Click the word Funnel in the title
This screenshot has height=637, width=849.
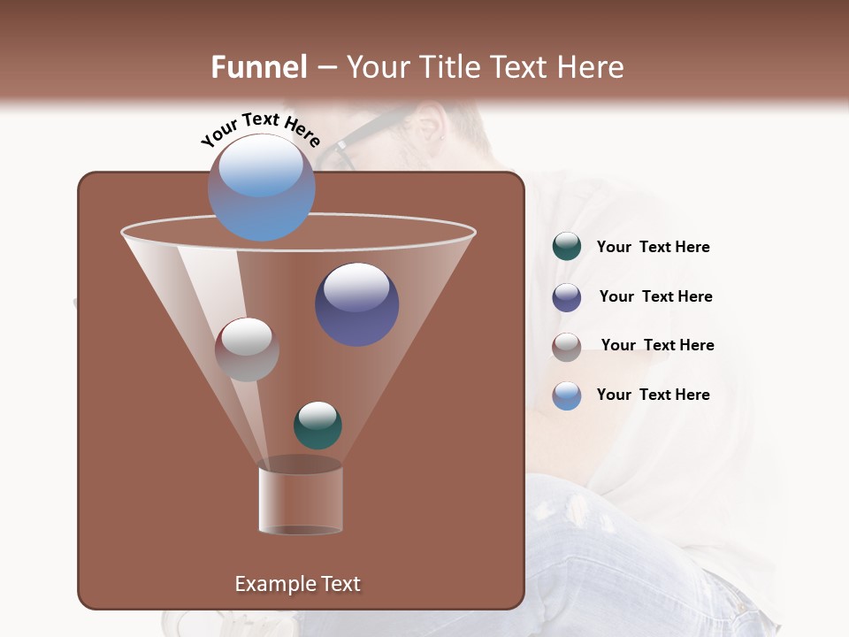pyautogui.click(x=259, y=67)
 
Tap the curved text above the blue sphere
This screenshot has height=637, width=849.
pyautogui.click(x=260, y=129)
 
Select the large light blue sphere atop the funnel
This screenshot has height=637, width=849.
pyautogui.click(x=261, y=187)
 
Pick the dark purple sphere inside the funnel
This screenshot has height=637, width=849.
pyautogui.click(x=356, y=303)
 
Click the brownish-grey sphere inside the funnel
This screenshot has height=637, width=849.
pyautogui.click(x=247, y=349)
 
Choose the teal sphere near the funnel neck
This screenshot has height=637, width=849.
pyautogui.click(x=317, y=425)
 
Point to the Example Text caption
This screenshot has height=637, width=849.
pyautogui.click(x=297, y=584)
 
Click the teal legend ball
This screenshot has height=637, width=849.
pyautogui.click(x=567, y=247)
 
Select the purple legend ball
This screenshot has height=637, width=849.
pyautogui.click(x=567, y=297)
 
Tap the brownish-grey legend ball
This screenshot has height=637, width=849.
pyautogui.click(x=567, y=346)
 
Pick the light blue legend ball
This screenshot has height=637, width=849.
pyautogui.click(x=567, y=395)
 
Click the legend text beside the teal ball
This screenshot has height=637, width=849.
pyautogui.click(x=653, y=248)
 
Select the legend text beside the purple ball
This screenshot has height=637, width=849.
pyautogui.click(x=655, y=297)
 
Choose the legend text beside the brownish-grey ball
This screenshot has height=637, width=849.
pyautogui.click(x=657, y=346)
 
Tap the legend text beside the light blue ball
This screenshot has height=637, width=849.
pyautogui.click(x=653, y=395)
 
